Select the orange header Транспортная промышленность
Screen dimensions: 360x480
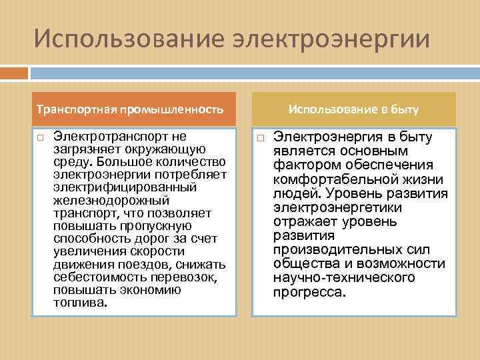tap(129, 109)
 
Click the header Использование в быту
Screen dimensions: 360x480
tap(354, 108)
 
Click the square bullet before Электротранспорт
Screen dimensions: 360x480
tap(40, 137)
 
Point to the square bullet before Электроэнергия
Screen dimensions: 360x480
tap(260, 138)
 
